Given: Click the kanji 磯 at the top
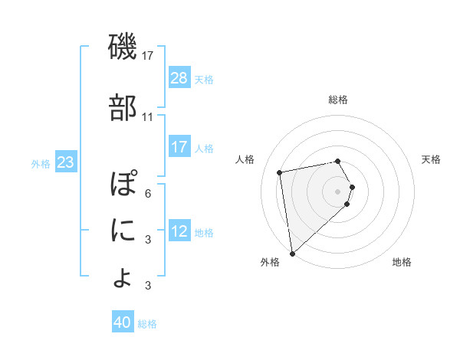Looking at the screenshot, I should (122, 48).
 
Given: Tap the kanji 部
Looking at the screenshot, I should (122, 107).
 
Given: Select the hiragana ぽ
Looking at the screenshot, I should (123, 185).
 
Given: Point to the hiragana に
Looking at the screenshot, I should (122, 229).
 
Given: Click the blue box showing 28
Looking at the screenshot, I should (179, 78).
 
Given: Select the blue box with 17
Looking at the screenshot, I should (179, 147).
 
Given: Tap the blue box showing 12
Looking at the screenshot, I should (179, 232).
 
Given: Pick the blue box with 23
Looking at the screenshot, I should (66, 162).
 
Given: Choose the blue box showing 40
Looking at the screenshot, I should (123, 322).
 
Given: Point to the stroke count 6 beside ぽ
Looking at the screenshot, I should (147, 193).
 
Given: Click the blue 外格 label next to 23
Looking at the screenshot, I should (41, 163).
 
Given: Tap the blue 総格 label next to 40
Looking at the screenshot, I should (147, 323).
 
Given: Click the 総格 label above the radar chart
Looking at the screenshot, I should (337, 100).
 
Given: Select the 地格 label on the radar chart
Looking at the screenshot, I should (402, 262).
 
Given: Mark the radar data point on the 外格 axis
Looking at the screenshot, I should (292, 253).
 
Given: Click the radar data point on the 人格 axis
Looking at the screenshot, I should (280, 172).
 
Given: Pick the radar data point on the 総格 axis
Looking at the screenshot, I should (337, 161).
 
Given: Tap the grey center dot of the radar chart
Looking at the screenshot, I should (337, 190).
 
